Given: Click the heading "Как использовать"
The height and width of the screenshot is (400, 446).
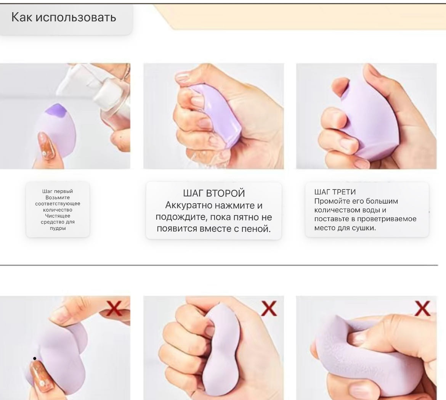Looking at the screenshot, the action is (x=64, y=18).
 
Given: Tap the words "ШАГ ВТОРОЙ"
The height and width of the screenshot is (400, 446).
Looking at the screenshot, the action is (x=214, y=193).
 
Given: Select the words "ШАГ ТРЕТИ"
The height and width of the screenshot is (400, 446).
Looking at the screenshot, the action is (x=335, y=192).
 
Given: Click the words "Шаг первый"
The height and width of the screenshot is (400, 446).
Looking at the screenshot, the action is (x=58, y=191).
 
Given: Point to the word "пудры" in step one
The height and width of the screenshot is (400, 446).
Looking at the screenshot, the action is (x=58, y=228).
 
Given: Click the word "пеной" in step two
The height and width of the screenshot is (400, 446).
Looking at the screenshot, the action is (x=256, y=229).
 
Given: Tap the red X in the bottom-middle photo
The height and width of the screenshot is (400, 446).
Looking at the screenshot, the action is (x=269, y=308).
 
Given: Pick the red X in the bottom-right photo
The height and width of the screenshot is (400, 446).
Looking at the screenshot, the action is (x=422, y=308).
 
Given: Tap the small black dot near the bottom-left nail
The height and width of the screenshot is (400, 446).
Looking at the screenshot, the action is (x=35, y=358).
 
